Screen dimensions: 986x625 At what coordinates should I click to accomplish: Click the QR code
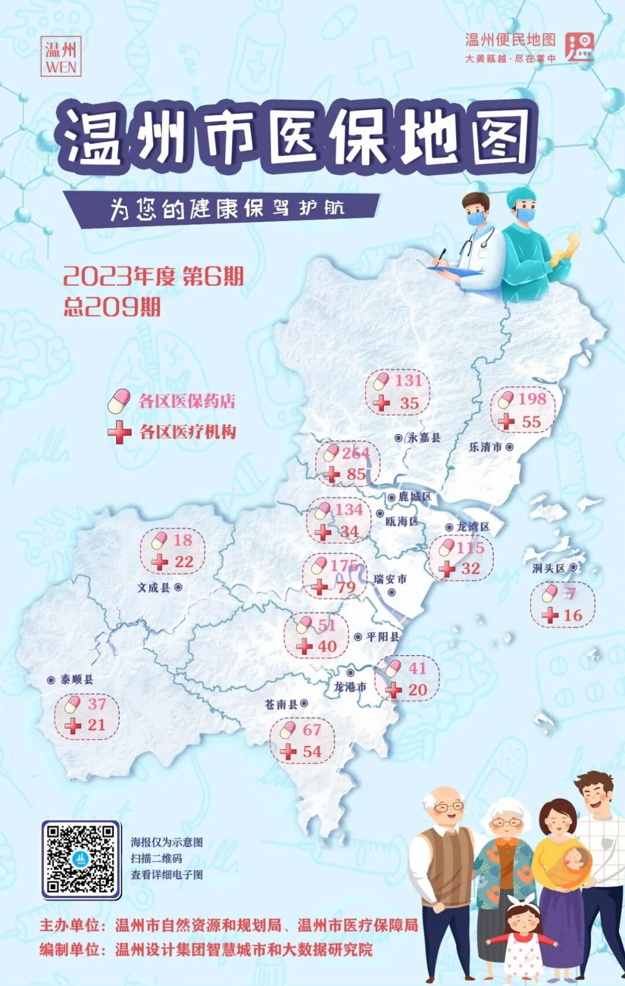pyautogui.click(x=80, y=859)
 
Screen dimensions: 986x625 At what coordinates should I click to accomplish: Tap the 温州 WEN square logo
pyautogui.click(x=61, y=57)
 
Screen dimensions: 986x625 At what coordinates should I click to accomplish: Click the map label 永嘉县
pyautogui.click(x=424, y=437)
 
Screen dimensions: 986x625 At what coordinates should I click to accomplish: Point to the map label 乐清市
pyautogui.click(x=486, y=447)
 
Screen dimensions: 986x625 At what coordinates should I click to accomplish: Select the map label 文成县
pyautogui.click(x=153, y=587)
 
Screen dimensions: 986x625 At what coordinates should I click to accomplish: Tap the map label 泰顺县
pyautogui.click(x=77, y=679)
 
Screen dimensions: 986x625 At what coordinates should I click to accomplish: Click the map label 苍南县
pyautogui.click(x=281, y=704)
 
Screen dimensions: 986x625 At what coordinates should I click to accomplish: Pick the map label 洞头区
pyautogui.click(x=549, y=568)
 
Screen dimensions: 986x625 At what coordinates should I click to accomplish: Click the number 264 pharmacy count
pyautogui.click(x=355, y=453)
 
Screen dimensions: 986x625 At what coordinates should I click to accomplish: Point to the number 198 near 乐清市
pyautogui.click(x=532, y=399)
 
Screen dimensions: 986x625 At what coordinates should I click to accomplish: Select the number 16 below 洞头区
pyautogui.click(x=572, y=615)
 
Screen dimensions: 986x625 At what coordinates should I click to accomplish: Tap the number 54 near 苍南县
pyautogui.click(x=311, y=752)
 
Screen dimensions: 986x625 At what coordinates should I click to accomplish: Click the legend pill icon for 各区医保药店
pyautogui.click(x=119, y=401)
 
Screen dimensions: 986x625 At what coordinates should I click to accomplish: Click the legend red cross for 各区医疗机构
pyautogui.click(x=119, y=432)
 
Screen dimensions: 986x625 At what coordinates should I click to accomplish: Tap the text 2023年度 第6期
pyautogui.click(x=153, y=276)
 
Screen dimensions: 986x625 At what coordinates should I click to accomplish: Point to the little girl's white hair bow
pyautogui.click(x=523, y=902)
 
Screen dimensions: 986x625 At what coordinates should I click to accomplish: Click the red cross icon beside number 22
pyautogui.click(x=159, y=561)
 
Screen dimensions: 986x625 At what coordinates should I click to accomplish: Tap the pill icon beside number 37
pyautogui.click(x=72, y=704)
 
